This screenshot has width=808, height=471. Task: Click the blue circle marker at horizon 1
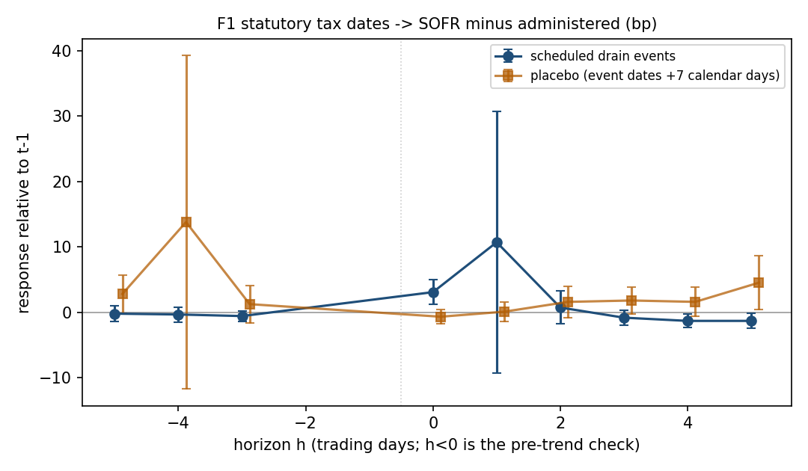pos(497,242)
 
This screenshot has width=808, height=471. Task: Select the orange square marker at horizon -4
pos(186,222)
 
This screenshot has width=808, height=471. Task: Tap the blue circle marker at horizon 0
pos(433,292)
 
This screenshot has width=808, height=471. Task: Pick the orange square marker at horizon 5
pos(758,283)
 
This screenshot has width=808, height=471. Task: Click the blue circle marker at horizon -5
pos(115,314)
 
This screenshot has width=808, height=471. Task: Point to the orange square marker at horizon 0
pos(441,317)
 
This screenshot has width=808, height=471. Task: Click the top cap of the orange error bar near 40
pos(186,55)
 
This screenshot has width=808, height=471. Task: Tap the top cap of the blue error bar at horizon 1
pos(497,111)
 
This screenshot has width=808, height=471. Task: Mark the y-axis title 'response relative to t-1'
pos(24,223)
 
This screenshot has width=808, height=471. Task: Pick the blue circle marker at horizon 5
pos(751,321)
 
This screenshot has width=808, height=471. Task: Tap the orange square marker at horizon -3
pos(250,304)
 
